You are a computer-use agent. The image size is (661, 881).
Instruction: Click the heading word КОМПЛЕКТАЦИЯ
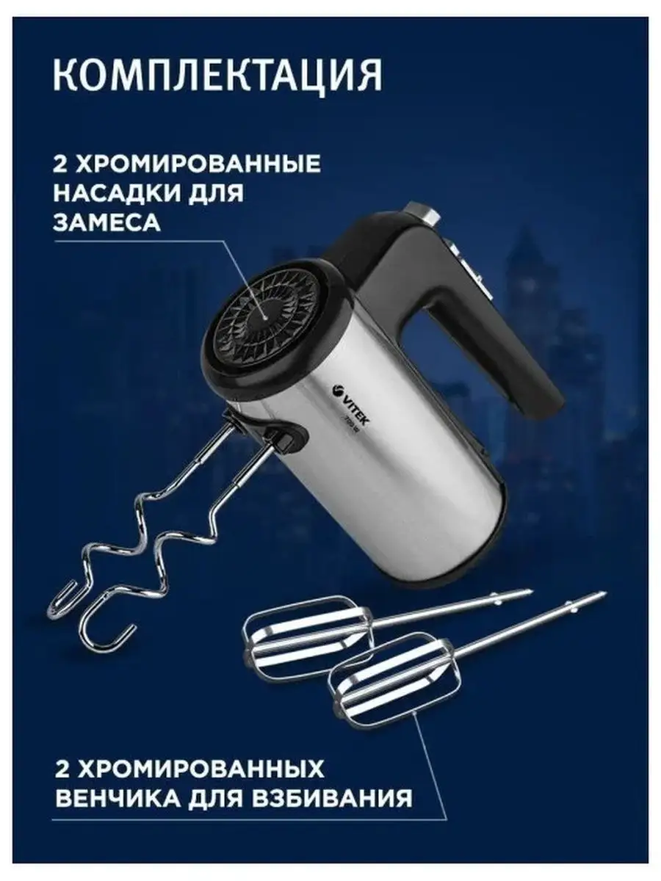(217, 76)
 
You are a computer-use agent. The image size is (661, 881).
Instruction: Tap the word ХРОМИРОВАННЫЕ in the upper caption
(198, 164)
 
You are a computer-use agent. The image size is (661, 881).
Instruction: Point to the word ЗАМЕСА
(106, 222)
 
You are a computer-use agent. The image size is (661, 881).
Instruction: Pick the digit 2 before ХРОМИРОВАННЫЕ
(60, 164)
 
